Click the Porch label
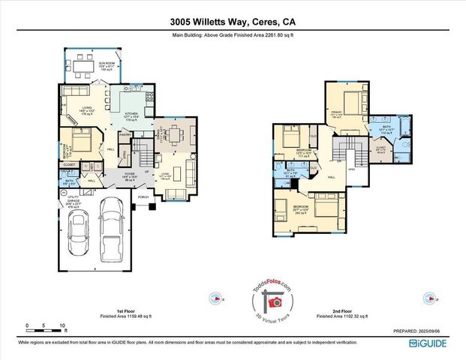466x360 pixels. click(143, 198)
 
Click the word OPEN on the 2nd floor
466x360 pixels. click(351, 169)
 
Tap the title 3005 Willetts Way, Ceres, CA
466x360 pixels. click(233, 22)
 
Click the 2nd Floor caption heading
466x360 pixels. click(341, 310)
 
